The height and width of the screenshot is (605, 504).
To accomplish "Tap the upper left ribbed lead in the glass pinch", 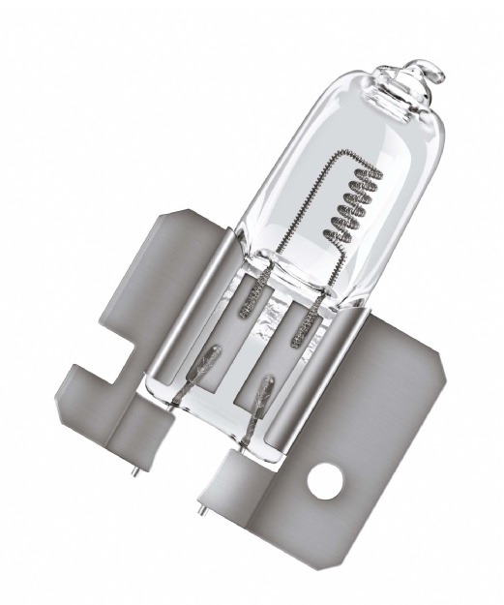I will tap(241, 311).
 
